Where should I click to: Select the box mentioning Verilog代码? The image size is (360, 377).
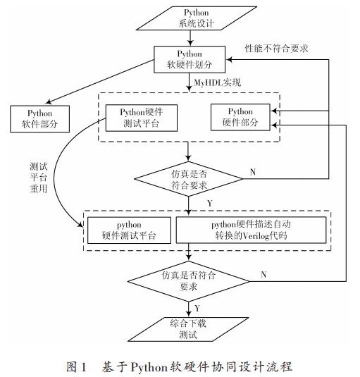click(251, 230)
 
